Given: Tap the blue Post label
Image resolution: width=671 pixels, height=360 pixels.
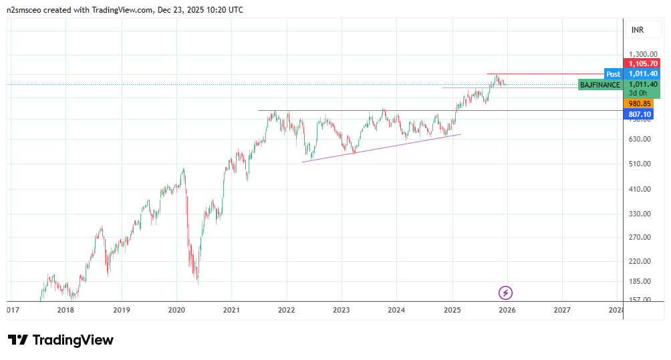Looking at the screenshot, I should pos(613,73).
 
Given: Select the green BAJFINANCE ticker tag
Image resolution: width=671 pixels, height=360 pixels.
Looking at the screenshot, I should pos(599,85).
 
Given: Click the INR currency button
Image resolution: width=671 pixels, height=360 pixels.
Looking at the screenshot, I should pos(637,30).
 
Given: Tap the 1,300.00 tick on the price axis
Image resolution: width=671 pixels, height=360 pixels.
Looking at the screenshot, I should pos(644,54).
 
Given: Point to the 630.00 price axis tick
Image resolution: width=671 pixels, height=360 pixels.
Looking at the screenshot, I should pos(640,139).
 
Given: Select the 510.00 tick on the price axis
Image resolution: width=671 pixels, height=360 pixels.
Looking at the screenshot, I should pos(640,164).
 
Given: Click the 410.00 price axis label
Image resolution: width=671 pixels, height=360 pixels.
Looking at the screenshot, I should pos(640,189).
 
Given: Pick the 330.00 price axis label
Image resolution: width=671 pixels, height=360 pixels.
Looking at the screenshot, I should pos(640,214).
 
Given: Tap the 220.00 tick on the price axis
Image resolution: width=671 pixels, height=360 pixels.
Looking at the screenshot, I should pos(640,261).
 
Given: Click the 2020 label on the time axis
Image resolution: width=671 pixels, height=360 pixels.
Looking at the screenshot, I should pos(176,310).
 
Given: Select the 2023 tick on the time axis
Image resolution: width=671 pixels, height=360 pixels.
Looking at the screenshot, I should pos(342,310).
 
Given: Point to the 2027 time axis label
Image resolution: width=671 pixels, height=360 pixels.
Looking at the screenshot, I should pos(562,310).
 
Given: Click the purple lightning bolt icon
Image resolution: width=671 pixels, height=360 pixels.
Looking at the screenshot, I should pos(506,293).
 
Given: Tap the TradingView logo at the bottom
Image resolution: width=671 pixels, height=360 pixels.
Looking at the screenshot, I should pos(61,340).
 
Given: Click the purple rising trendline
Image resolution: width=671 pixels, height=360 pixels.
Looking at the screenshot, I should pos(382,148).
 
